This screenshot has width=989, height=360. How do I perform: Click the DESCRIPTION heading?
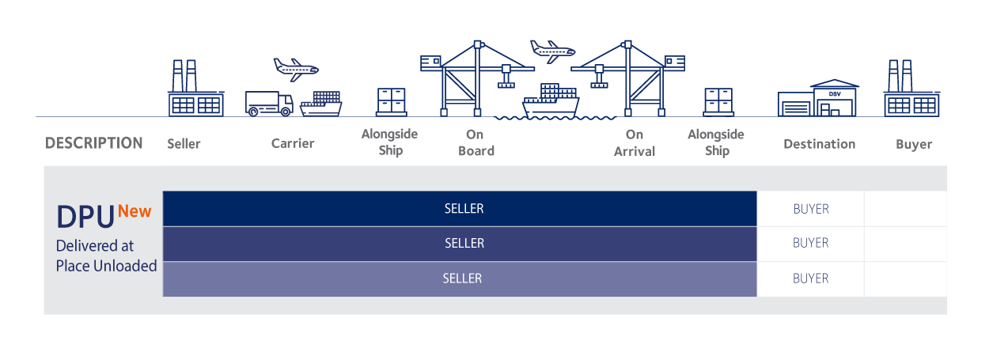[x=94, y=143]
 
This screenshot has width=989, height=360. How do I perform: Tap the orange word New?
[x=135, y=211]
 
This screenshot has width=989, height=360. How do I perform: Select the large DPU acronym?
[x=85, y=218]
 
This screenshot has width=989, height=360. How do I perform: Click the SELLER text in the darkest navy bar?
[x=464, y=209]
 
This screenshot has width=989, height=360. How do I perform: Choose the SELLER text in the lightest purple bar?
[x=462, y=279]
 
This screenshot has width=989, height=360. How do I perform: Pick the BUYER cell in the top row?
[x=810, y=209]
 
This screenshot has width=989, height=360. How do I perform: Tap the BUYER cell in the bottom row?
[x=810, y=279]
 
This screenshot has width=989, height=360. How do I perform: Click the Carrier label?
[x=292, y=143]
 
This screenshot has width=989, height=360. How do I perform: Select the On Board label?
[x=476, y=143]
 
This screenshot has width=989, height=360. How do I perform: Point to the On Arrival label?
[x=634, y=143]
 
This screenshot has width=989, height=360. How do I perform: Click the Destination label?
[x=819, y=144]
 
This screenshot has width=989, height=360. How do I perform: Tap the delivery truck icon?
[x=269, y=104]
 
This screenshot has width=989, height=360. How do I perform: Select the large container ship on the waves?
[x=551, y=101]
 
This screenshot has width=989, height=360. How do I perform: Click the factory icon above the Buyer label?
[x=911, y=89]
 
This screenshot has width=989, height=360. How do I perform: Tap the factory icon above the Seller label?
[x=195, y=89]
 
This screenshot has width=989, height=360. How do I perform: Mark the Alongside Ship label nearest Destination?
[x=716, y=142]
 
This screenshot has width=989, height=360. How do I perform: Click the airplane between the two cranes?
[x=551, y=51]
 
